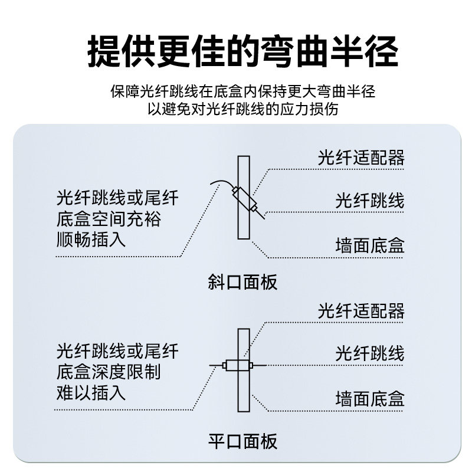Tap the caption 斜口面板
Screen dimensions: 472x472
click(242, 282)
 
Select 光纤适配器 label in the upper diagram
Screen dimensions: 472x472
click(361, 158)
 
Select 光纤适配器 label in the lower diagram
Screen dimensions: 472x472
click(361, 311)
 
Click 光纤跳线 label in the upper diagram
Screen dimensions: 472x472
click(370, 201)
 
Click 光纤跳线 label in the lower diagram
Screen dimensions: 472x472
click(370, 353)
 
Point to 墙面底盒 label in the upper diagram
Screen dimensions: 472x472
click(370, 245)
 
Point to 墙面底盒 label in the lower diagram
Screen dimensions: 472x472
click(370, 399)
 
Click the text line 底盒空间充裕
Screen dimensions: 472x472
click(109, 219)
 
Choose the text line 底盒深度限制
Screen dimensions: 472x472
click(109, 372)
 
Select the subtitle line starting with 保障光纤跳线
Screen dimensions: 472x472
click(242, 93)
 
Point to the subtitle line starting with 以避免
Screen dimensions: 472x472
click(242, 110)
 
